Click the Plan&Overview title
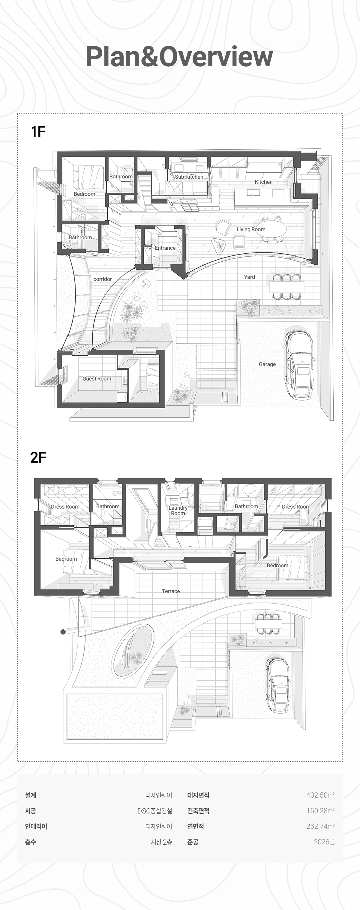click(x=179, y=57)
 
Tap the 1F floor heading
click(x=38, y=131)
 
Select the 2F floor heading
click(x=38, y=458)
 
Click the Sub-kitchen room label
click(x=189, y=177)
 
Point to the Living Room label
click(x=251, y=229)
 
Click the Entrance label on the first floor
click(x=165, y=248)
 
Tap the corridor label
click(x=103, y=279)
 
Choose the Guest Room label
click(x=97, y=379)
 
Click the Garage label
click(x=267, y=364)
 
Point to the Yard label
click(x=249, y=277)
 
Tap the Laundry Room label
click(x=178, y=510)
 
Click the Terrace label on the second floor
click(x=171, y=591)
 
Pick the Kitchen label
click(x=264, y=182)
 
